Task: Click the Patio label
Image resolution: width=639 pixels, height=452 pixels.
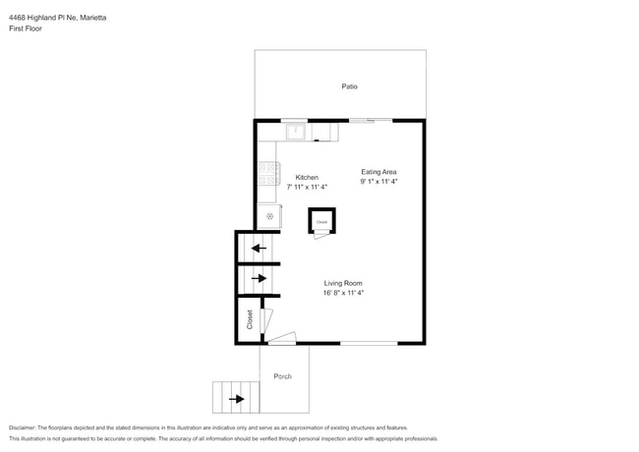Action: [349, 86]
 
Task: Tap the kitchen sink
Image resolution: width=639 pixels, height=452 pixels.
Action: [296, 130]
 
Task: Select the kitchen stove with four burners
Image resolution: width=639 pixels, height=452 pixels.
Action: [268, 176]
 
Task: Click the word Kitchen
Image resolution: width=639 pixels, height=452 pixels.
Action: [308, 178]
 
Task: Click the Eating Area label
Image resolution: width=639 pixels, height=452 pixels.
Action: [378, 172]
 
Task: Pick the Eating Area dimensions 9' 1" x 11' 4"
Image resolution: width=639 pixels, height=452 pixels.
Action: [378, 181]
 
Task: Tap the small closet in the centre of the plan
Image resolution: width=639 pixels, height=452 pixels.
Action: [321, 221]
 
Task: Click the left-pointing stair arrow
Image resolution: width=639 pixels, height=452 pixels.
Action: [259, 248]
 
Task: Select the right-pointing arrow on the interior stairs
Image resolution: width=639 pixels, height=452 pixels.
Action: [259, 279]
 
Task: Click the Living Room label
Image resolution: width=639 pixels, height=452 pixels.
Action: [344, 283]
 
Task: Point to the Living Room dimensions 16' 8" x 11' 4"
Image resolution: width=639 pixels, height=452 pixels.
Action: [344, 293]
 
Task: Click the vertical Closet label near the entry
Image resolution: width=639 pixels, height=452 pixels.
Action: [249, 319]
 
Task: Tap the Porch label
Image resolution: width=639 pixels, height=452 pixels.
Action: [283, 376]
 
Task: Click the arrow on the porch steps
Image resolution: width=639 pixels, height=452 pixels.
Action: [236, 399]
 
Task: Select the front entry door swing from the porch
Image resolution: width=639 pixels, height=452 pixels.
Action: [282, 338]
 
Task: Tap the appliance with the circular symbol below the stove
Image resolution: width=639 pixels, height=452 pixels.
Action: [268, 216]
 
